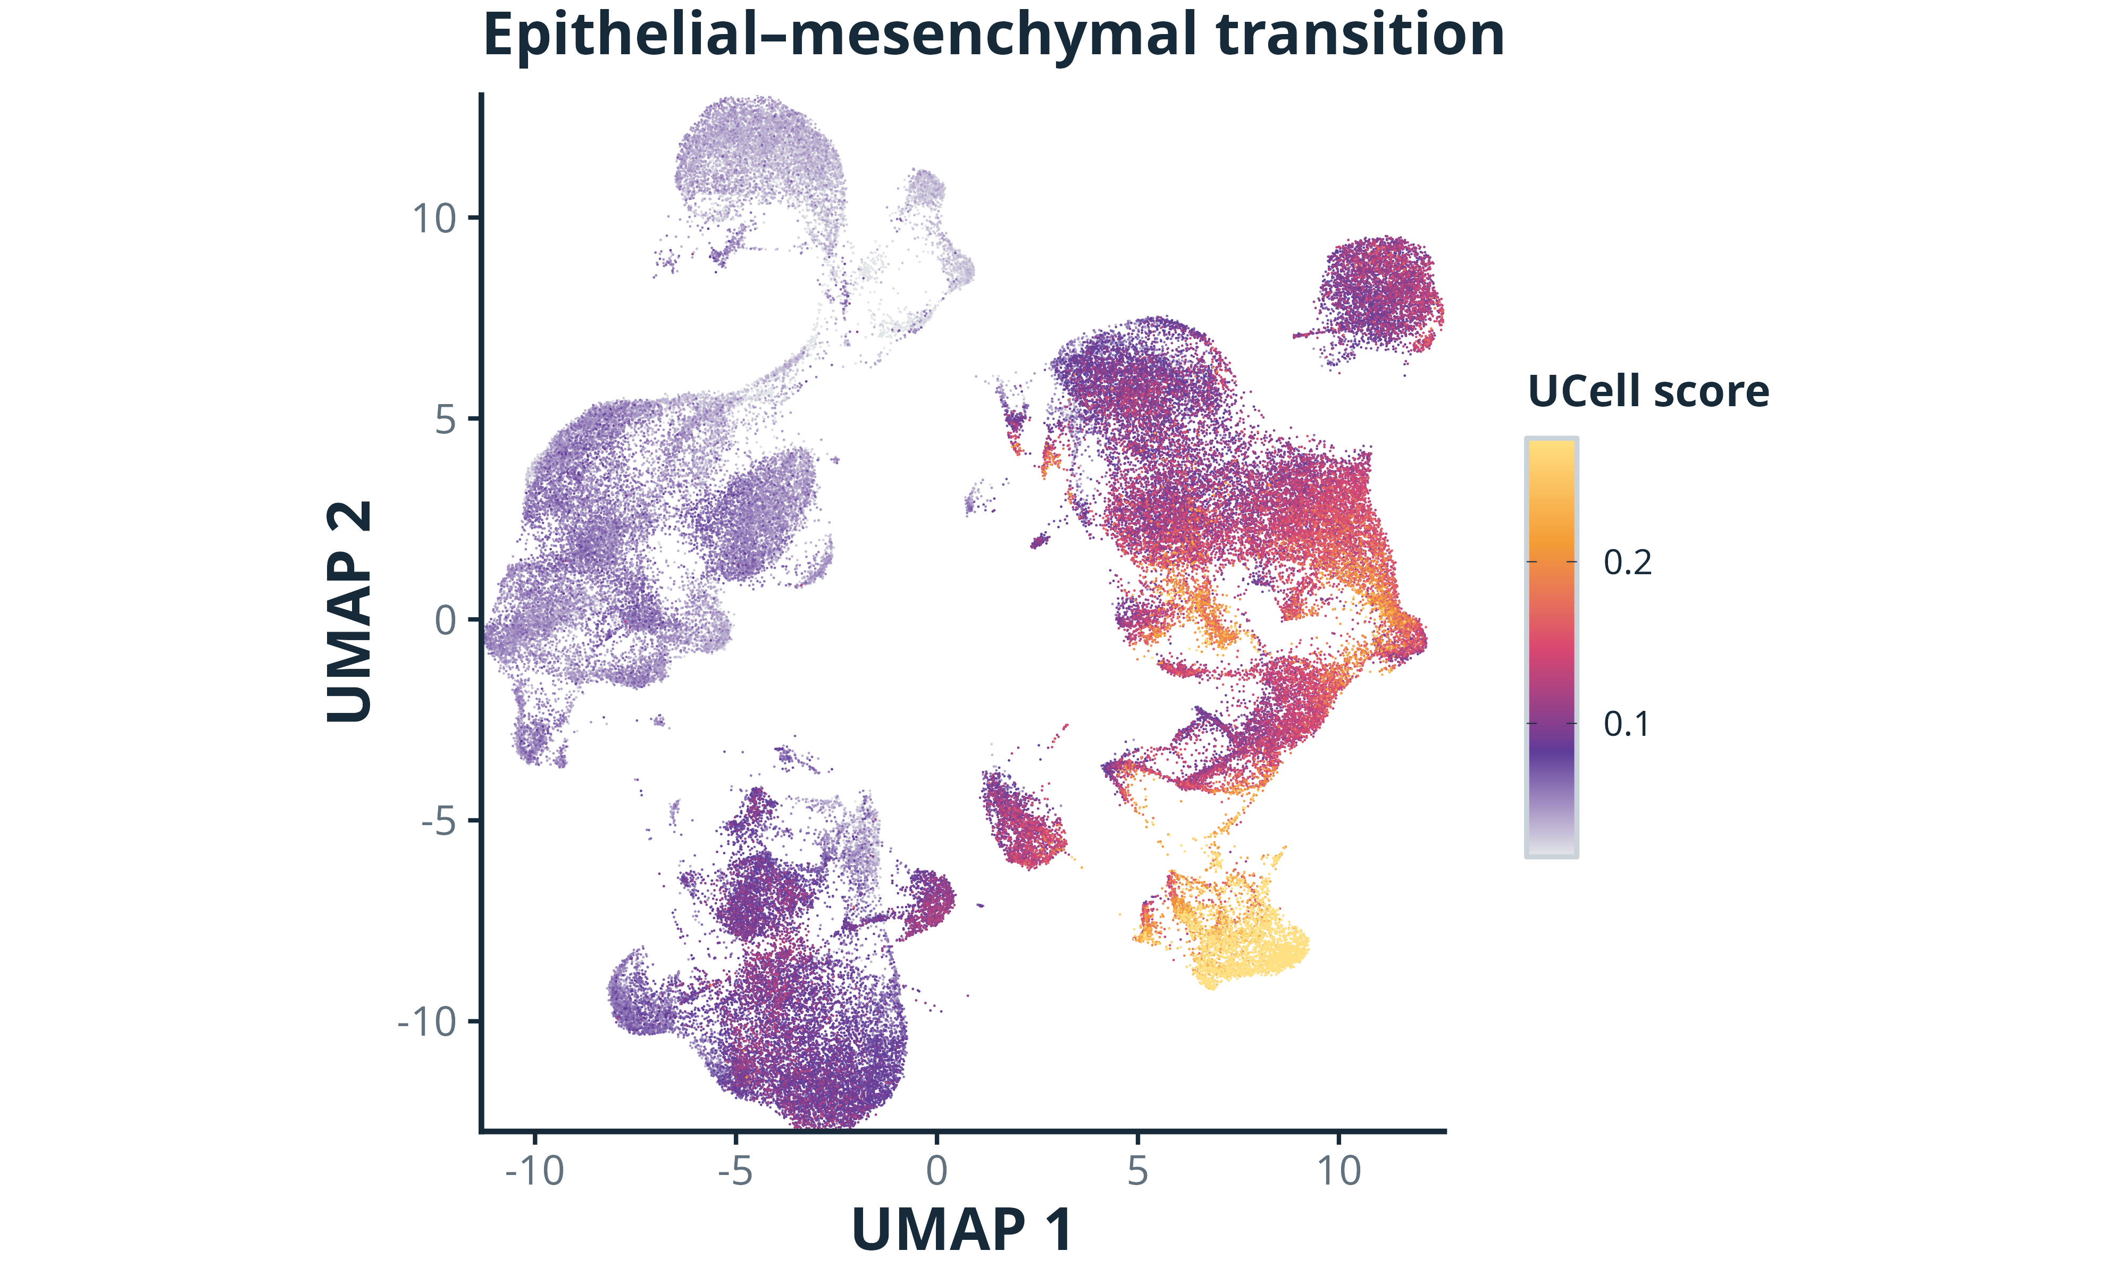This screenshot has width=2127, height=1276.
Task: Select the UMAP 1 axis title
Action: click(x=962, y=1230)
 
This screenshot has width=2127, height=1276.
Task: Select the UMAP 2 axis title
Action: click(x=350, y=611)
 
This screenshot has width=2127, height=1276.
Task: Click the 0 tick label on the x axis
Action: click(x=936, y=1171)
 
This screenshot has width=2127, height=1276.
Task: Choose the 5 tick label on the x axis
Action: click(x=1137, y=1171)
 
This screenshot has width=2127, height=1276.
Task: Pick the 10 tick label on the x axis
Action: click(x=1338, y=1171)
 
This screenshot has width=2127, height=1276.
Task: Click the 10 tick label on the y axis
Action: click(x=434, y=219)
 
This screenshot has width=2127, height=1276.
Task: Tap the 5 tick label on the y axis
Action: click(x=446, y=419)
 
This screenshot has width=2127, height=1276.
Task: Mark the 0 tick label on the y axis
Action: click(x=446, y=620)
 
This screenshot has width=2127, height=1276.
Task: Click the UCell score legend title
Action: click(x=1648, y=391)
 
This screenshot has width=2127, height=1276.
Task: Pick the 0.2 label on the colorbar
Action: click(x=1628, y=563)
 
